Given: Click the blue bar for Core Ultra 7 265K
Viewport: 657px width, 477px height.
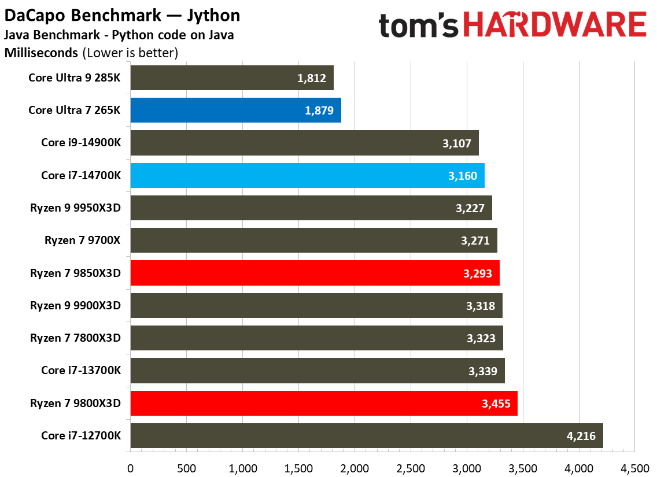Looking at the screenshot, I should (x=235, y=110).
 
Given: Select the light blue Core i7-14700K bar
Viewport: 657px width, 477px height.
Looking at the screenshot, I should (x=307, y=175).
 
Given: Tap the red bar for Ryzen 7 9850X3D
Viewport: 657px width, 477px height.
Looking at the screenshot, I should (x=315, y=273).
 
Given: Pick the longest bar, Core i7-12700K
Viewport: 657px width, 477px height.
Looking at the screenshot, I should (x=367, y=435).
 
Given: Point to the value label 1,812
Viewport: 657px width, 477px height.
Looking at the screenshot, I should (x=312, y=78).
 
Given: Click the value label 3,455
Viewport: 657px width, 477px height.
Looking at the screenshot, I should (x=496, y=404).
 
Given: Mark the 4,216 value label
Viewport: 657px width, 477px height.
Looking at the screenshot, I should (x=582, y=436).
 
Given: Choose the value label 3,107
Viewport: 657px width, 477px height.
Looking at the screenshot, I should (x=457, y=143).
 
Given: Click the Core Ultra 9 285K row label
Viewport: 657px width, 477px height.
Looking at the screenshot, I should (x=75, y=77).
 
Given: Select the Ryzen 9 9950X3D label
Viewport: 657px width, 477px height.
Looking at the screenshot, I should (x=76, y=208).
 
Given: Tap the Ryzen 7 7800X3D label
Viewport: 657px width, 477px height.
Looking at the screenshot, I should (x=76, y=338).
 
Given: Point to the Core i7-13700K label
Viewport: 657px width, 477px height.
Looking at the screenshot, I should (x=81, y=371).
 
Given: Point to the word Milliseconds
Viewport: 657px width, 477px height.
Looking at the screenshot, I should (x=41, y=53).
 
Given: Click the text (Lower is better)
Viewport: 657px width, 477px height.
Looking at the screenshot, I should (x=130, y=53).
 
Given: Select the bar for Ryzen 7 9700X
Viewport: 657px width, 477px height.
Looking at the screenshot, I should (x=313, y=241).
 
